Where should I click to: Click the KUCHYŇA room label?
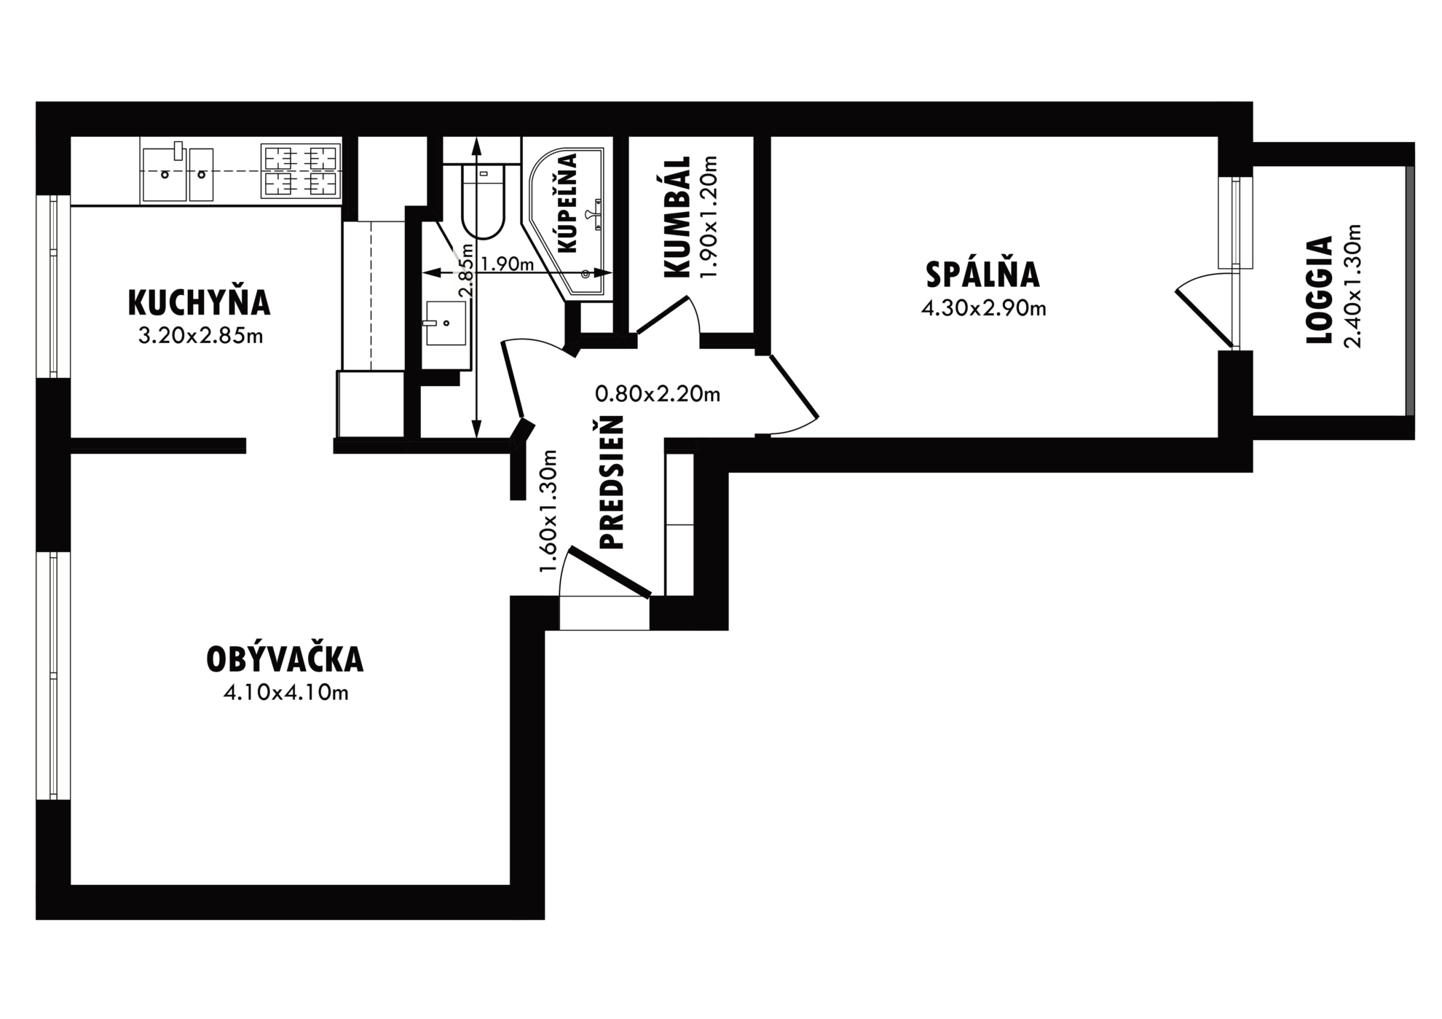(x=199, y=303)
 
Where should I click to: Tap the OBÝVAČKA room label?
(x=285, y=658)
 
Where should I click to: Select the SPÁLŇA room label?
(x=982, y=275)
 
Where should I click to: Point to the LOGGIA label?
(x=1319, y=289)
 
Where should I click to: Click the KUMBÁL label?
(x=677, y=216)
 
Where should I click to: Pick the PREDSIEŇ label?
(x=612, y=482)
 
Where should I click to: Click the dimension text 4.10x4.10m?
(x=286, y=693)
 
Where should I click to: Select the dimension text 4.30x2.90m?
(x=983, y=309)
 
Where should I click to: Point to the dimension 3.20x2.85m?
(x=200, y=336)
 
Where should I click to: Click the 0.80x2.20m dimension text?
(x=658, y=394)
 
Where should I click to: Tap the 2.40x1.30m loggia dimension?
(x=1352, y=286)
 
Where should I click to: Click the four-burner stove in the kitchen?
(x=301, y=172)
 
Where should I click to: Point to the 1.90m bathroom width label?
(x=508, y=264)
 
